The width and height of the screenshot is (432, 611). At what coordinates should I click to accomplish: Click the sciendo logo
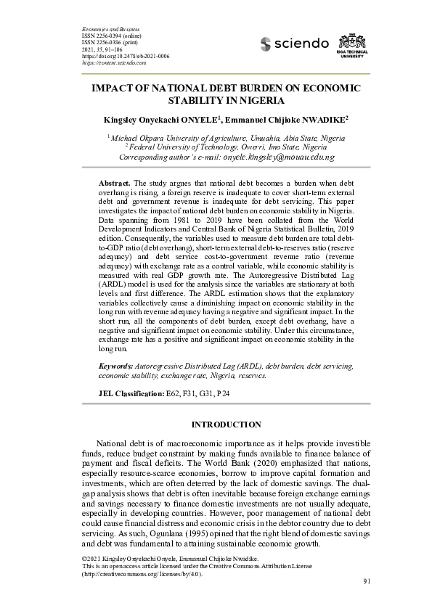pyautogui.click(x=294, y=44)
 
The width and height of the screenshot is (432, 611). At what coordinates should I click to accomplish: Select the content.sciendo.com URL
pyautogui.click(x=115, y=63)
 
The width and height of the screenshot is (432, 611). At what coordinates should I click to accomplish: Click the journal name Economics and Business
pyautogui.click(x=108, y=27)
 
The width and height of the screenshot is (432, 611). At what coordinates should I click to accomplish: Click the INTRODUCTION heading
pyautogui.click(x=226, y=425)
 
